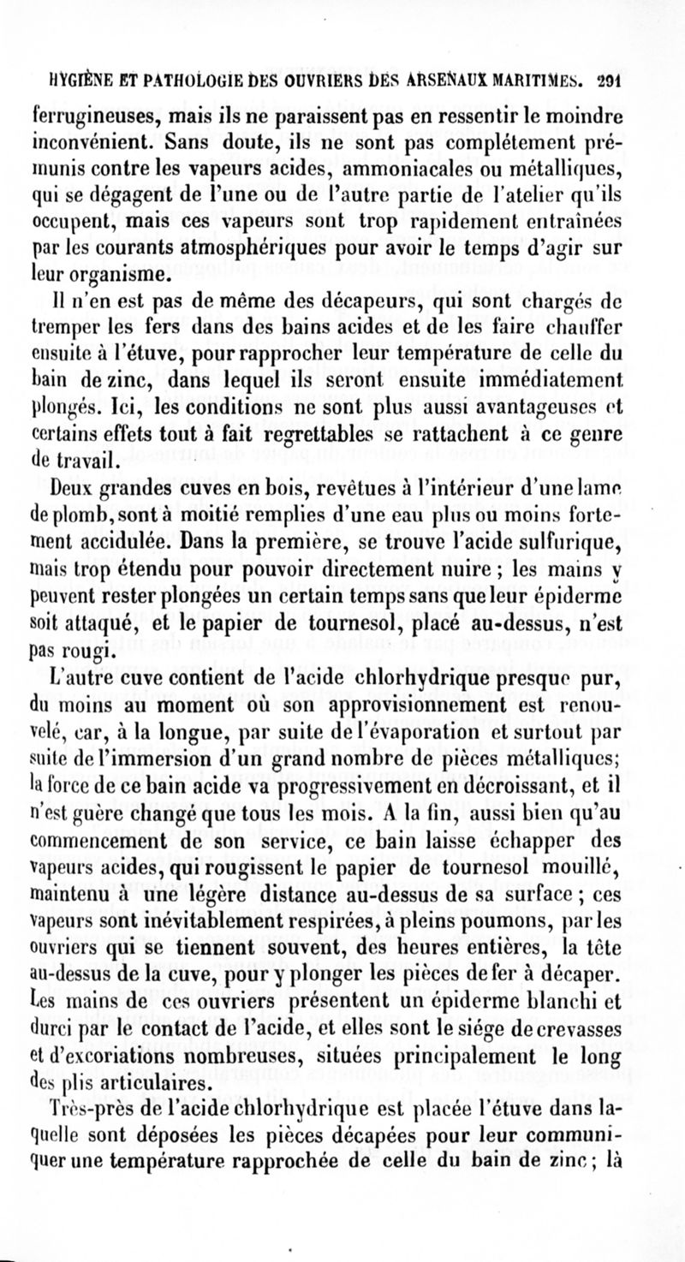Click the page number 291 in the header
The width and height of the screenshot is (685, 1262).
pyautogui.click(x=608, y=84)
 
